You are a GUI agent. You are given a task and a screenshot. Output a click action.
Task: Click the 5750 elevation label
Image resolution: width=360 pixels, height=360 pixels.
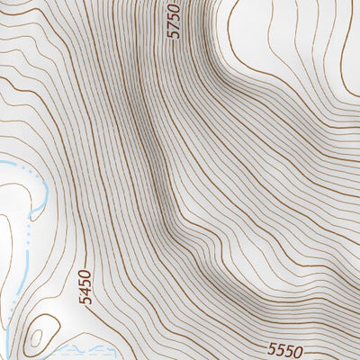pyautogui.click(x=175, y=20)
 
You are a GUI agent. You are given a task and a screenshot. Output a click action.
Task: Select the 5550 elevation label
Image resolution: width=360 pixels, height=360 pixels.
pyautogui.click(x=286, y=349)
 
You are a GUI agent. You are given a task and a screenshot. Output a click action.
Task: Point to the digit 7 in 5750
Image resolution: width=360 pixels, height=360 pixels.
pyautogui.click(x=175, y=24)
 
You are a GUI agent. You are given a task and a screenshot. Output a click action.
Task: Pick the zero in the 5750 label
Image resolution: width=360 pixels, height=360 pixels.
pyautogui.click(x=175, y=7)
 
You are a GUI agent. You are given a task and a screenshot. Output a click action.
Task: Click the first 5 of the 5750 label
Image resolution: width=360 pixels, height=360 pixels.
pyautogui.click(x=175, y=33)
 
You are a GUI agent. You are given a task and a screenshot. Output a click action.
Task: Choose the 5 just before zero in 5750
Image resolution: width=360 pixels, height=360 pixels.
pyautogui.click(x=175, y=15)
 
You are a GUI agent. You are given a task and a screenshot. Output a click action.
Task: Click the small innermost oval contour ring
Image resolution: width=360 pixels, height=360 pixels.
pyautogui.click(x=36, y=339)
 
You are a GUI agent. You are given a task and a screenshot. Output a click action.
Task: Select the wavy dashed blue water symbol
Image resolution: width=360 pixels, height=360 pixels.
pyautogui.click(x=76, y=346)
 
